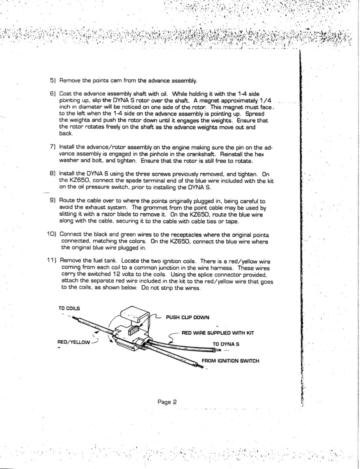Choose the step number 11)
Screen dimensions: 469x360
click(x=52, y=261)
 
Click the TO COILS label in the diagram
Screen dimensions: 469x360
click(x=69, y=308)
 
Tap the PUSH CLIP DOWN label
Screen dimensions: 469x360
click(x=187, y=317)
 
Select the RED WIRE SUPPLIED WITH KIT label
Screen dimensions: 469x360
click(x=218, y=333)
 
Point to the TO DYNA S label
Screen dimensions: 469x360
click(x=226, y=344)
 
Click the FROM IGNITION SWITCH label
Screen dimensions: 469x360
click(x=230, y=361)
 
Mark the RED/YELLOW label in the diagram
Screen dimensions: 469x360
click(x=73, y=342)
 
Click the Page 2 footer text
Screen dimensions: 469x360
click(x=168, y=401)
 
